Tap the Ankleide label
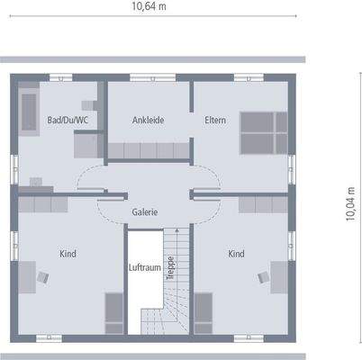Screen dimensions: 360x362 [x=148, y=120]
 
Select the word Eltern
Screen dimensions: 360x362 [x=215, y=120]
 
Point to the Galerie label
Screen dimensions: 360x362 [x=145, y=212]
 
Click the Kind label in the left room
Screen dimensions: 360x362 [x=68, y=254]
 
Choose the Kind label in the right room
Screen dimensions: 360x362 [x=236, y=254]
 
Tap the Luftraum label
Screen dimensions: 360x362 [x=145, y=267]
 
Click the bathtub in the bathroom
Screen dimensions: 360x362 [x=28, y=112]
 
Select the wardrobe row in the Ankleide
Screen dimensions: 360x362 [x=149, y=149]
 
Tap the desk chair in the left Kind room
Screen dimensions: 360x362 [x=42, y=276]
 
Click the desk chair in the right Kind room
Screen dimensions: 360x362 [x=263, y=276]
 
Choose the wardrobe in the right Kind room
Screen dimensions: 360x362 [x=264, y=204]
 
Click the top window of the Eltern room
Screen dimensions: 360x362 [x=243, y=77]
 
